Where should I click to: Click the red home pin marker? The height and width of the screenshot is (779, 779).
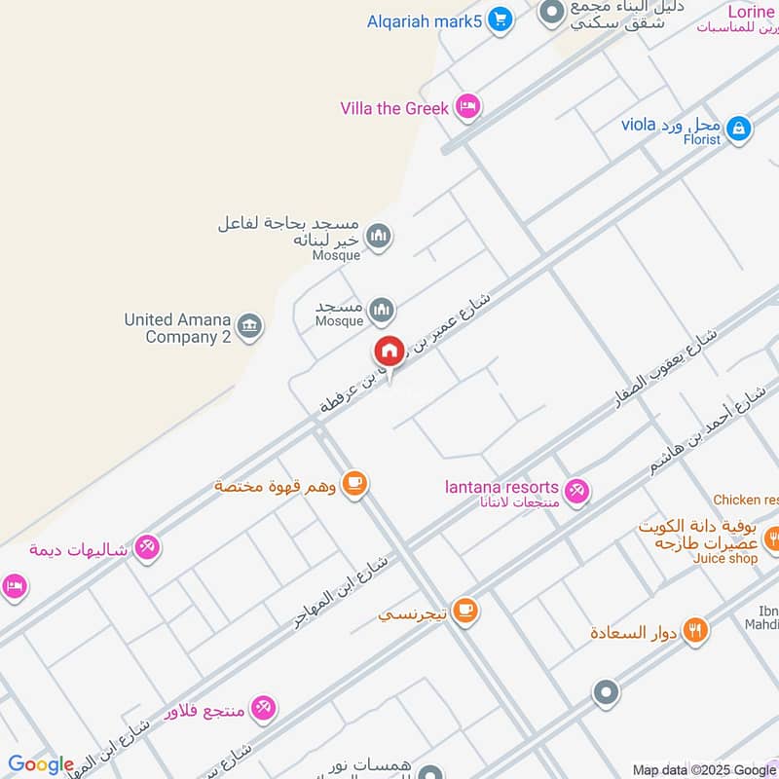389,351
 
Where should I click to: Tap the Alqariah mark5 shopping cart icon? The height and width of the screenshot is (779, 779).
500,19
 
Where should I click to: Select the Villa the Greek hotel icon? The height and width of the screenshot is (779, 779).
468,107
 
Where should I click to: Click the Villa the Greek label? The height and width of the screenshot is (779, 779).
394,108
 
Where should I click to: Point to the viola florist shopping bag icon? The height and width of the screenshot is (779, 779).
739,128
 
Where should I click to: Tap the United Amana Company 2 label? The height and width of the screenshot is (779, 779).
177,328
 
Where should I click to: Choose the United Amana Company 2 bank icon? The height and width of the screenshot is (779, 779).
249,326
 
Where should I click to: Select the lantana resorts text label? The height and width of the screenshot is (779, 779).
501,487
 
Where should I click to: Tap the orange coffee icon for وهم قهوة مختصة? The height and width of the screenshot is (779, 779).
354,484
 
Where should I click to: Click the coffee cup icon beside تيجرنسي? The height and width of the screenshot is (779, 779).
465,611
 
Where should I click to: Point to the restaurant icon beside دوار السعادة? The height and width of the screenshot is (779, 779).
694,630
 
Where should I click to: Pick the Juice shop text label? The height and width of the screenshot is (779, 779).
724,558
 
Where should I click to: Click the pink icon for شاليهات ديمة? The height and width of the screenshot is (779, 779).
147,548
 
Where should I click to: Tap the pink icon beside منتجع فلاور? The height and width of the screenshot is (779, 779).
263,708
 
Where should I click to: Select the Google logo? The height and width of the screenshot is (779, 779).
41,764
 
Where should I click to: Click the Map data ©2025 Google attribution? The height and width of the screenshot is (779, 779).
704,769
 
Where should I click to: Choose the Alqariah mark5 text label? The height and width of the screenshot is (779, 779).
424,20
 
